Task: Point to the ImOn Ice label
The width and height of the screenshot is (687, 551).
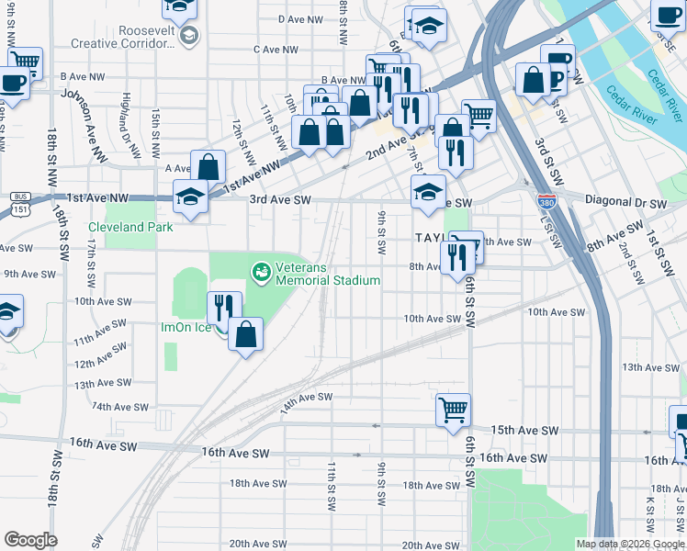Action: pos(186,327)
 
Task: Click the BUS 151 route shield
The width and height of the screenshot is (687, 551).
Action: pos(18,203)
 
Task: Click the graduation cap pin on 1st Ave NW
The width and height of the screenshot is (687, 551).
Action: pos(191,197)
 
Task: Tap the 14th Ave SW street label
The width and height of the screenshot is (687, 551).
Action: pos(306,401)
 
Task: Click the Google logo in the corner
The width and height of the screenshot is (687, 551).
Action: pos(31,540)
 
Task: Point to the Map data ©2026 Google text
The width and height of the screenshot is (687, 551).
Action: pos(629,544)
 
